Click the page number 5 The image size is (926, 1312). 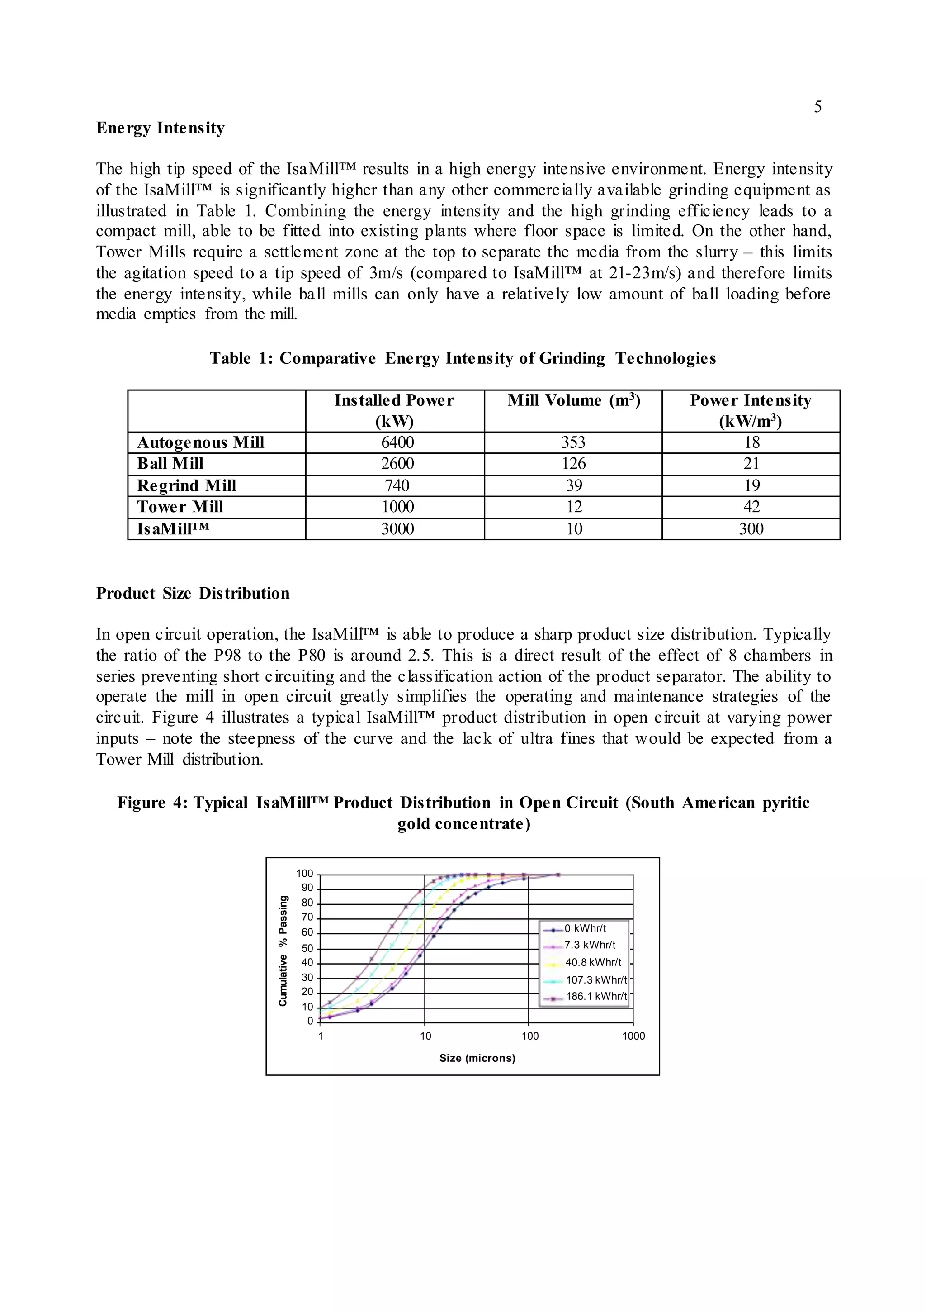click(x=817, y=107)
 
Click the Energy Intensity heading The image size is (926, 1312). click(x=160, y=128)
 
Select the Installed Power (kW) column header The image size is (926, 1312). click(x=394, y=410)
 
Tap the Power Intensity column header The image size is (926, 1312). click(x=750, y=410)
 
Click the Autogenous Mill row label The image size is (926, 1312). click(x=200, y=442)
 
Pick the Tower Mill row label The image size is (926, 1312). click(x=180, y=507)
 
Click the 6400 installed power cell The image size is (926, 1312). click(x=397, y=442)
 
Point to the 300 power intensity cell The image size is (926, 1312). click(x=751, y=528)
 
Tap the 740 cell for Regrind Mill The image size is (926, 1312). click(x=397, y=486)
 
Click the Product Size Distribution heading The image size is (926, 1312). click(x=193, y=593)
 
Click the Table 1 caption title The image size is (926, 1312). click(x=462, y=358)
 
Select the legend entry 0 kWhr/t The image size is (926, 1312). click(x=585, y=928)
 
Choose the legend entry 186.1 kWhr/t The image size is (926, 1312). click(x=596, y=996)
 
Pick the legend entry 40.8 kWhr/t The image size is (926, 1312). click(x=593, y=962)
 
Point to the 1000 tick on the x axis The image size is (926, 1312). click(x=633, y=1036)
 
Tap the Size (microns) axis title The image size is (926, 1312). click(x=477, y=1058)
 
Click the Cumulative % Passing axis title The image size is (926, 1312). click(x=283, y=951)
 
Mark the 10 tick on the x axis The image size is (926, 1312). click(x=425, y=1036)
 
